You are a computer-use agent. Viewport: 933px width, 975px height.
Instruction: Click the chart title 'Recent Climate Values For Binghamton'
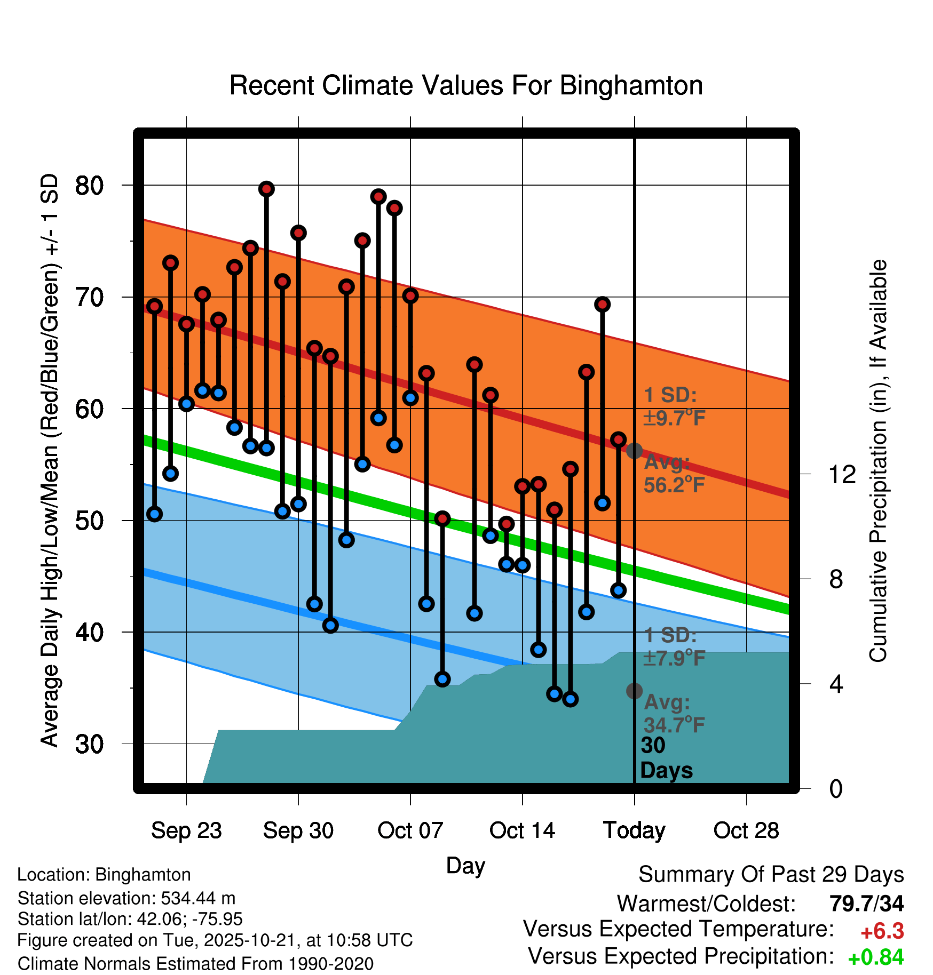click(x=466, y=85)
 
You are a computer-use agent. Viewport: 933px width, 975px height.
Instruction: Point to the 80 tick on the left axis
click(x=89, y=186)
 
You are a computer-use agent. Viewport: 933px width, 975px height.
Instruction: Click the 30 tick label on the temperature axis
click(x=89, y=744)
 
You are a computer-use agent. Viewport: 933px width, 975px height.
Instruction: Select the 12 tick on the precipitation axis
click(x=842, y=474)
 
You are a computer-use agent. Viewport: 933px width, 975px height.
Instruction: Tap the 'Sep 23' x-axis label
click(x=186, y=830)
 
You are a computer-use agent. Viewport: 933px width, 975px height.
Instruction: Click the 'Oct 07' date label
click(x=410, y=830)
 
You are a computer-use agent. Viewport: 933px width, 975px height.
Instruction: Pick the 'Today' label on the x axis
click(x=634, y=830)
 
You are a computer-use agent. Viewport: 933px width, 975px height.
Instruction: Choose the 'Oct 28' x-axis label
click(x=746, y=830)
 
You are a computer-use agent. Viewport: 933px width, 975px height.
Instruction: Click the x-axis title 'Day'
click(x=465, y=865)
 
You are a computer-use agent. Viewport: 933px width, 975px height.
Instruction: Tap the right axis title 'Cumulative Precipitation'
click(x=878, y=461)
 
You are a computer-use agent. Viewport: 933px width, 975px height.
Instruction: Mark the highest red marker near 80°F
click(x=266, y=189)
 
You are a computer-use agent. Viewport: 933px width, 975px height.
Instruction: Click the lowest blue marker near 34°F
click(x=571, y=699)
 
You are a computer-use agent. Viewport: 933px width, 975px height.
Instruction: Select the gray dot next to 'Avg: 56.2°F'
click(x=634, y=451)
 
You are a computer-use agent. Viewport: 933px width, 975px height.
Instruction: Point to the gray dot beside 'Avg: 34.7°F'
click(x=634, y=691)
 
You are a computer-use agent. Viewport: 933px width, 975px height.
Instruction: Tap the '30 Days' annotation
click(x=666, y=758)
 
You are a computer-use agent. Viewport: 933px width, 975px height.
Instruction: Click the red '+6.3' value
click(x=882, y=931)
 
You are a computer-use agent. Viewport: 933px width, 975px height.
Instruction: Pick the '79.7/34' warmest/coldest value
click(x=867, y=904)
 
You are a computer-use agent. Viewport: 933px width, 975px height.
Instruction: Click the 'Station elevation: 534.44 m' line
click(x=126, y=898)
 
